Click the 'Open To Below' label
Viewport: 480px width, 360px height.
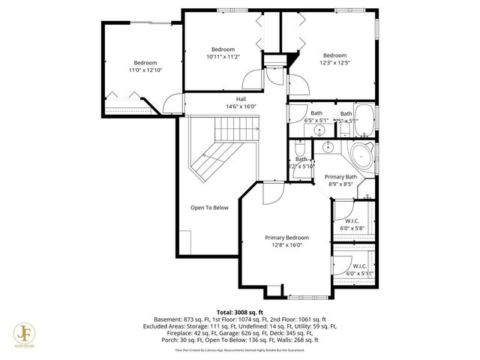point(209,208)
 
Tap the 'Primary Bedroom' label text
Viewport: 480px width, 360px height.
point(286,237)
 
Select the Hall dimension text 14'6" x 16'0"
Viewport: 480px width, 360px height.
point(241,106)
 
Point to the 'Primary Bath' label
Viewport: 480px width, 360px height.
point(340,176)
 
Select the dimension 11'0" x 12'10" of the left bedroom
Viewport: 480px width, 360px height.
point(145,70)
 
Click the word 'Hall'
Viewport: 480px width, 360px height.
point(241,99)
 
